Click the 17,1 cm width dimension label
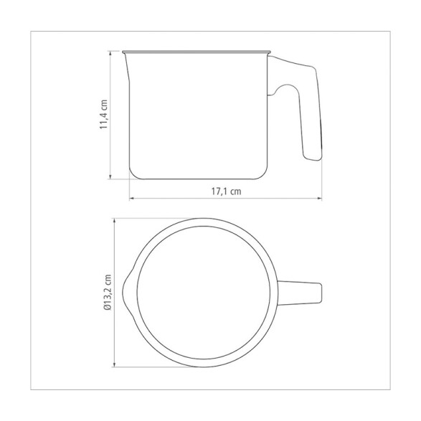click(x=226, y=191)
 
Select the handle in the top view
click(x=300, y=292)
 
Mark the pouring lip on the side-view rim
click(x=127, y=57)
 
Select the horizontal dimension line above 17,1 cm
click(x=226, y=198)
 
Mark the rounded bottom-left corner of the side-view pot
click(x=133, y=174)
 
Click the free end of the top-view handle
click(x=320, y=292)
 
